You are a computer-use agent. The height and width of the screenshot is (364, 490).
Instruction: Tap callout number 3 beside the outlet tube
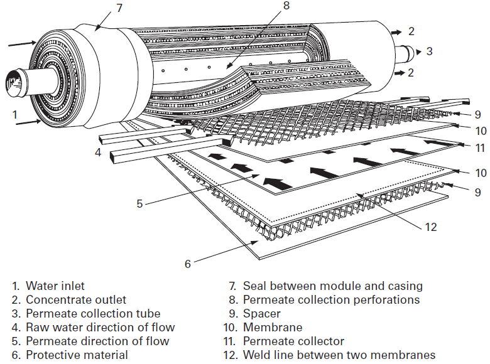coord(429,51)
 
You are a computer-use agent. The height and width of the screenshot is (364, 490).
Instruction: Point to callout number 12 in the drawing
coord(430,227)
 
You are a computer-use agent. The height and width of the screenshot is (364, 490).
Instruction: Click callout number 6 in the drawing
coord(187,264)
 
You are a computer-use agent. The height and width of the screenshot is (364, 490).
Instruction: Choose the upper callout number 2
coord(411,30)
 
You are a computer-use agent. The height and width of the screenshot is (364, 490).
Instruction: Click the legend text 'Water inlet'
coord(55,286)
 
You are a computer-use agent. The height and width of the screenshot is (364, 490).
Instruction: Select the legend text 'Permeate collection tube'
coord(93,314)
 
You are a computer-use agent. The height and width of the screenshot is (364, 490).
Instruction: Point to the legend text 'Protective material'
coord(77,355)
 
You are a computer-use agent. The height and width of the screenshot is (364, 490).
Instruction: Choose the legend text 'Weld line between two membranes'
coord(339,355)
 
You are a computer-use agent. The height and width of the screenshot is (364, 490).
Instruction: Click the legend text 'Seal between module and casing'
coord(332,286)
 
